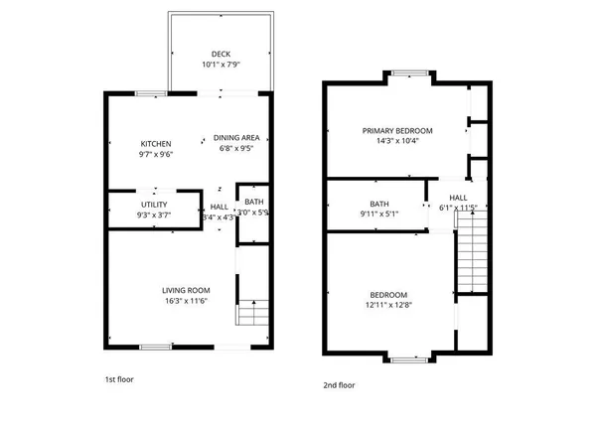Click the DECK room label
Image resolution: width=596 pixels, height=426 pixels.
(221, 55)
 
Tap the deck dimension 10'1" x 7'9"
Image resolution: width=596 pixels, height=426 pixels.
(221, 66)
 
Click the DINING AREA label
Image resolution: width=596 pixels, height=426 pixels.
(238, 138)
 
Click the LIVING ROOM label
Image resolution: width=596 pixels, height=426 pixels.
(186, 290)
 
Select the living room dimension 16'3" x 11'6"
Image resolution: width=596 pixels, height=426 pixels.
(186, 301)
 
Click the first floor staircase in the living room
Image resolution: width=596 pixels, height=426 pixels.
(252, 316)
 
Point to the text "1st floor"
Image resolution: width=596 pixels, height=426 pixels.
(118, 379)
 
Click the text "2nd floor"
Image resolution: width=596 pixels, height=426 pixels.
(338, 384)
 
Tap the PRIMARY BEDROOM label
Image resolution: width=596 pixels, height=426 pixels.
(397, 130)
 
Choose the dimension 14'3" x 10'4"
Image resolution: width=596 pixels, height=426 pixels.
(397, 141)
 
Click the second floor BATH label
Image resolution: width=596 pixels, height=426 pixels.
(352, 204)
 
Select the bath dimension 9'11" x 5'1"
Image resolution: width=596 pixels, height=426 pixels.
(352, 213)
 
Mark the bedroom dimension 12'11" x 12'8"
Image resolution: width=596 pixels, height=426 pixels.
(388, 306)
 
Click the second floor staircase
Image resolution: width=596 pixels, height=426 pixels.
(471, 258)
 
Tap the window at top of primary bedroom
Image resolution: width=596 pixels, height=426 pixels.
(409, 71)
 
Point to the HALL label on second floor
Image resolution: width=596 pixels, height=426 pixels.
(458, 198)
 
